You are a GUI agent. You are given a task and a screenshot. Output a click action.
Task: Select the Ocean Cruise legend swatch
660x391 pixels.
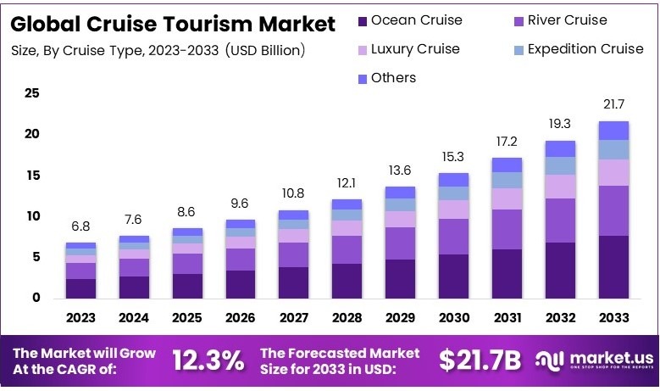[363, 20]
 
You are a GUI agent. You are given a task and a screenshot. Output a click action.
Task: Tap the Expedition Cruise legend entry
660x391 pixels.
[576, 49]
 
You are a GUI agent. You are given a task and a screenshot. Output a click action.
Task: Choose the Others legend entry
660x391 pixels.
[386, 78]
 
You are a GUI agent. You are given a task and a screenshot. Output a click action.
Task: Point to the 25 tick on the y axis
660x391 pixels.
[31, 93]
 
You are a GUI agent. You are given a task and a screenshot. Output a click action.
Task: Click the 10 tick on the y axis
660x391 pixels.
[31, 216]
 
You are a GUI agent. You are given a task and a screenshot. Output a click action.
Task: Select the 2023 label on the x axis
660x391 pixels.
[80, 318]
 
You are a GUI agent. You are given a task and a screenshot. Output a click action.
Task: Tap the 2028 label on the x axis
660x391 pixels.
[347, 318]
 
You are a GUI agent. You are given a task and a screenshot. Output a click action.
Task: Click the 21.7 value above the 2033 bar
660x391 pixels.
[613, 104]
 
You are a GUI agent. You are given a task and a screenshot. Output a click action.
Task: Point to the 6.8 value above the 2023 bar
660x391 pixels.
[80, 226]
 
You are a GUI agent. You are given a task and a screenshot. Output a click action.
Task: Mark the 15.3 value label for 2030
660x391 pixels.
[453, 157]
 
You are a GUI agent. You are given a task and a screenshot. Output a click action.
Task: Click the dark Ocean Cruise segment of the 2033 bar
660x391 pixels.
[613, 266]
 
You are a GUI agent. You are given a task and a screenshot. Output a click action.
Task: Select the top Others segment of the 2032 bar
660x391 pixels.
[560, 148]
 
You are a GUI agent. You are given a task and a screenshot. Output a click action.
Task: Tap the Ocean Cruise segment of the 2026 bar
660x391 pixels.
[241, 283]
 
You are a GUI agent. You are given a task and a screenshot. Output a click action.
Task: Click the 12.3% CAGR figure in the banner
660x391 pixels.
[208, 360]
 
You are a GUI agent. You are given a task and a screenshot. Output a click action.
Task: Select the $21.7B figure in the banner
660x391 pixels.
[480, 360]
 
